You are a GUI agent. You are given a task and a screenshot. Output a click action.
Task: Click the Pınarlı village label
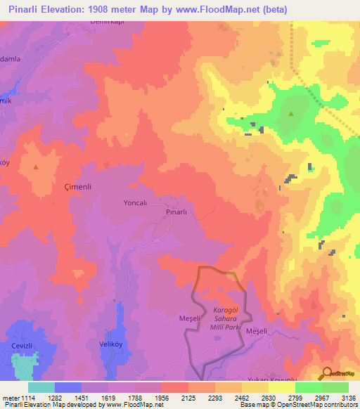(x=176, y=212)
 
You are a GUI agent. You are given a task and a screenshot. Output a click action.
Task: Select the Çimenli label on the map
(x=79, y=188)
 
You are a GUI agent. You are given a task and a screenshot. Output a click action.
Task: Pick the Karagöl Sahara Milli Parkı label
(x=221, y=318)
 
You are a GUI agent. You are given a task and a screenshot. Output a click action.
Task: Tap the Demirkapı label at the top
(x=108, y=22)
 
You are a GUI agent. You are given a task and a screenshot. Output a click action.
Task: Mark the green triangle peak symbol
(x=290, y=113)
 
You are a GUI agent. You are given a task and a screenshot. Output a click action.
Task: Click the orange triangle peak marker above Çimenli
(x=36, y=167)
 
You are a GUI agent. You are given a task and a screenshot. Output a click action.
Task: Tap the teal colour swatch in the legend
(x=41, y=387)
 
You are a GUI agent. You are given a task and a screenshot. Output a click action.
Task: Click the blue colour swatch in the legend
(x=68, y=387)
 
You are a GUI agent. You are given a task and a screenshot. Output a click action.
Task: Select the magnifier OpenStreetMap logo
(x=326, y=373)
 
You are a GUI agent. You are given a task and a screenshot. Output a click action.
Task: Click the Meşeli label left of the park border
(x=172, y=318)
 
